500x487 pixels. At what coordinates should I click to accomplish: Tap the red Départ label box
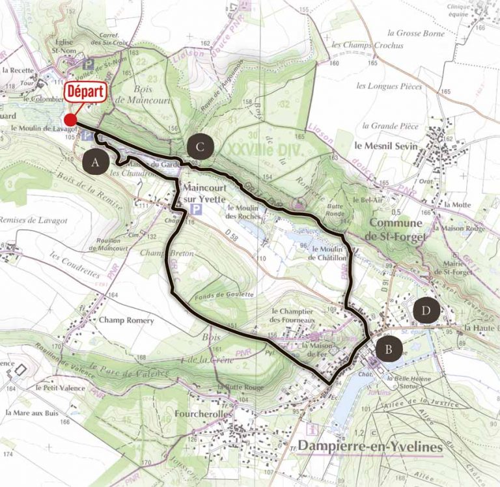tap(86, 92)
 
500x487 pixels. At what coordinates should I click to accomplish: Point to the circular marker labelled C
tap(200, 147)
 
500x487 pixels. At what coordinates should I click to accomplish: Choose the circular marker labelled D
tap(425, 311)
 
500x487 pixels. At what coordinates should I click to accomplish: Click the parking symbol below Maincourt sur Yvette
tap(194, 208)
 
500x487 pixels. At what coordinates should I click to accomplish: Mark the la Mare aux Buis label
tap(32, 413)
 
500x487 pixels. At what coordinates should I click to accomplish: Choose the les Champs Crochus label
tap(367, 46)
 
